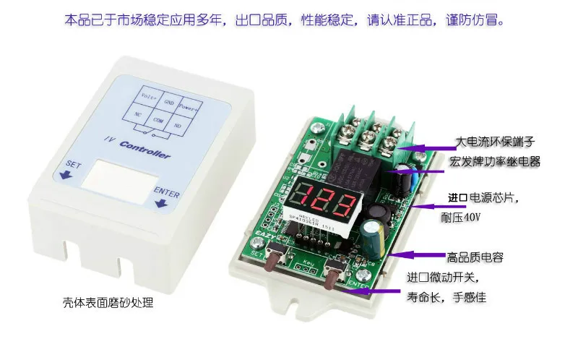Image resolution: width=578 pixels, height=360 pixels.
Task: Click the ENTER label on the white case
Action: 165,191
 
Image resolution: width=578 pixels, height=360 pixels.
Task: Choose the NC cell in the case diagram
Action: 137,114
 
